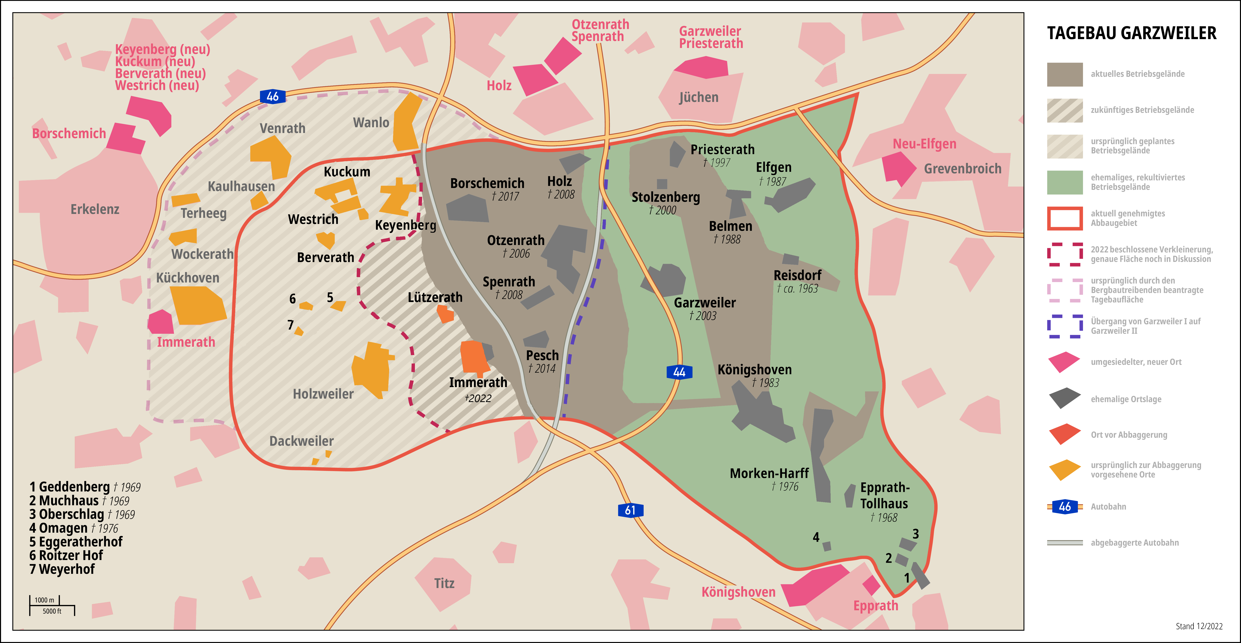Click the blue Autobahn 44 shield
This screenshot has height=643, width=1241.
[x=679, y=372]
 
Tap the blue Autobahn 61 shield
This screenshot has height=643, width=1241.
[x=630, y=510]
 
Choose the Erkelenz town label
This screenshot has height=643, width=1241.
[x=95, y=209]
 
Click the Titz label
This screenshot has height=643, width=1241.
[x=444, y=583]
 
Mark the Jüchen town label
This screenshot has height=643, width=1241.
[x=699, y=97]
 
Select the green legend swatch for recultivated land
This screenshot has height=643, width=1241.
[x=1065, y=182]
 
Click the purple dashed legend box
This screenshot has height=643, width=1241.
[x=1065, y=326]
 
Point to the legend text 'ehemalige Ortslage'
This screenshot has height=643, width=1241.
[x=1126, y=399]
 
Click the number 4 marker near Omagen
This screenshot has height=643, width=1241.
[x=816, y=537]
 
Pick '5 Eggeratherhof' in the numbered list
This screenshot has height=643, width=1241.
[x=76, y=542]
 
